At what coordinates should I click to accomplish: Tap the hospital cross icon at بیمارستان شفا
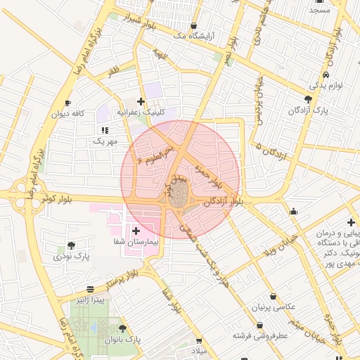click(136, 230)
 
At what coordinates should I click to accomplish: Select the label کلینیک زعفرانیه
click(141, 112)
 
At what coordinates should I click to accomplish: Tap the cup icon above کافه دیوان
click(67, 103)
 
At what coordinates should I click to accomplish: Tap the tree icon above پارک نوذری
click(71, 246)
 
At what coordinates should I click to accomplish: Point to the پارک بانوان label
click(122, 340)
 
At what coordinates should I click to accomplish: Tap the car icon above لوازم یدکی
click(326, 75)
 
